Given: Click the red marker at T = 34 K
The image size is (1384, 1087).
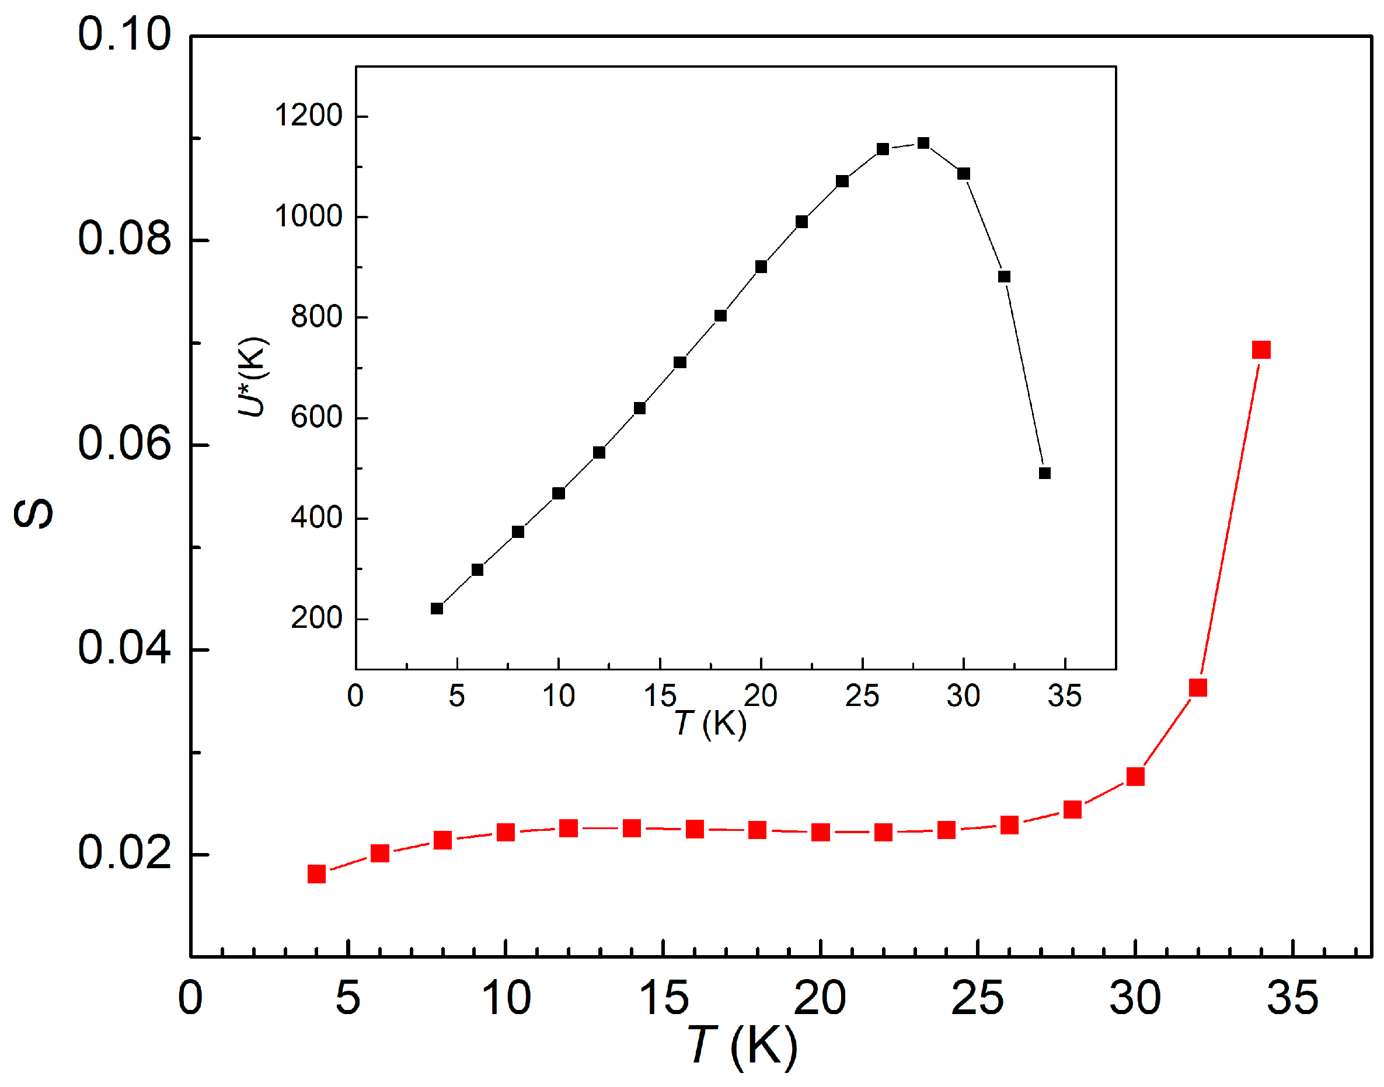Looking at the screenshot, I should pos(1260,350).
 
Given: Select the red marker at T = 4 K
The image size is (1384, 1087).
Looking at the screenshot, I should pos(316,874).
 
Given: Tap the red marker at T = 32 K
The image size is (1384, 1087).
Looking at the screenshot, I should pos(1197,688).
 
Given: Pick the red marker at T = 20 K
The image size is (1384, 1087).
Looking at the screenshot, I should pos(820,833).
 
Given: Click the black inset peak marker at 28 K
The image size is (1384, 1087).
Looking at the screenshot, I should pos(923,143).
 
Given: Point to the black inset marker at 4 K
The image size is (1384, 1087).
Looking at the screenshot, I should pos(437,609).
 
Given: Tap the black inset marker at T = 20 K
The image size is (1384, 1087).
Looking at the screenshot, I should pos(761,267).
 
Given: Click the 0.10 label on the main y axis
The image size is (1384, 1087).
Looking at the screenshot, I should pos(124,34).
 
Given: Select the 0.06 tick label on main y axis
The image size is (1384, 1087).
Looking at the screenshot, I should pos(124,443).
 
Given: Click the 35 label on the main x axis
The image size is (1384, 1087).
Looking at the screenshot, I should pos(1292,998).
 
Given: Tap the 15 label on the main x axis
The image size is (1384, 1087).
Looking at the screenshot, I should pos(663,998).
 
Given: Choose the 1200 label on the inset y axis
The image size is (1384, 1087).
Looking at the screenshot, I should pos(308,116).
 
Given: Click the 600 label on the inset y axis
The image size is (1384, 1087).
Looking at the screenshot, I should pos(316,418).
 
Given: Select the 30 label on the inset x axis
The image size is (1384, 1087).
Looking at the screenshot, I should pos(963,696).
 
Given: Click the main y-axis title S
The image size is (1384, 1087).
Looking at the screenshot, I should pos(33,514).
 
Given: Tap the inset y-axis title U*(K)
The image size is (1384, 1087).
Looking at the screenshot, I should pos(253,377).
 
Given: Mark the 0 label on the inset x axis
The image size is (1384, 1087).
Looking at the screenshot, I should pos(355,696).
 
